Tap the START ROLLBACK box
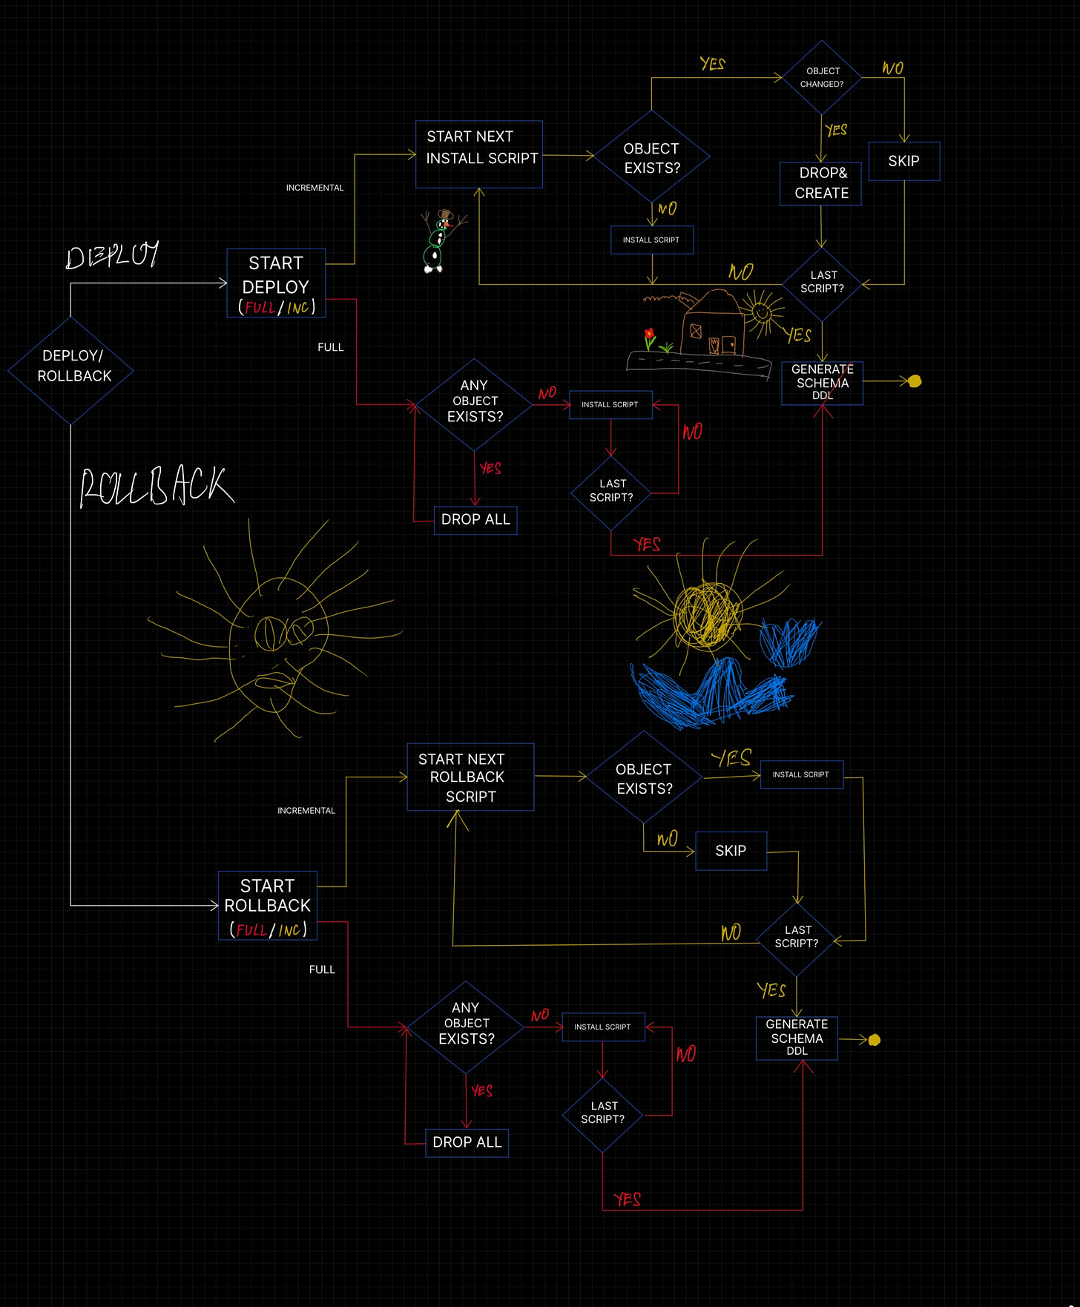pyautogui.click(x=268, y=905)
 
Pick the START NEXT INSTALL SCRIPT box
pyautogui.click(x=479, y=154)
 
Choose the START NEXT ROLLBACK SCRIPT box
pyautogui.click(x=470, y=777)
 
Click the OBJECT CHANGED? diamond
pyautogui.click(x=822, y=77)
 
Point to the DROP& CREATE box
pyautogui.click(x=821, y=183)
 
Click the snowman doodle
pyautogui.click(x=438, y=242)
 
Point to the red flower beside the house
pyautogui.click(x=650, y=335)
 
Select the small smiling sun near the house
pyautogui.click(x=760, y=312)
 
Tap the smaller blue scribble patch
pyautogui.click(x=791, y=641)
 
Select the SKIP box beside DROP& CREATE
pyautogui.click(x=903, y=161)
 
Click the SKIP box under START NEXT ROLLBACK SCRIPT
pyautogui.click(x=731, y=851)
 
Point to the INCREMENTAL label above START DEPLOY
pyautogui.click(x=315, y=188)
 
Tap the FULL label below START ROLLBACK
pyautogui.click(x=322, y=969)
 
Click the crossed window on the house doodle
pyautogui.click(x=696, y=331)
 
